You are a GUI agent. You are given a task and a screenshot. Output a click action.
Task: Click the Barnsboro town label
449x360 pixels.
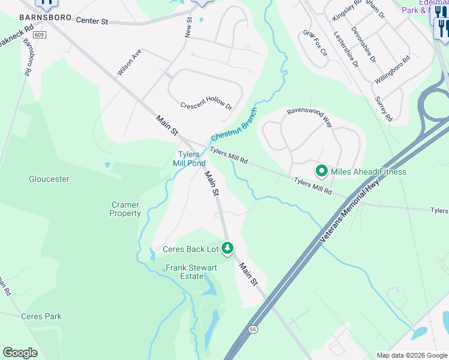point(46,18)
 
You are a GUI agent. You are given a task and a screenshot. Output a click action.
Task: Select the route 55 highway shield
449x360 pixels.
point(252,329)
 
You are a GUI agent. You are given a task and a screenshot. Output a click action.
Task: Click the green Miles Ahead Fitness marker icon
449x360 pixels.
point(321,172)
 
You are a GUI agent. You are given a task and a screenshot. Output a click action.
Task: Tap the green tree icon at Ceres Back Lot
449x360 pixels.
point(228,248)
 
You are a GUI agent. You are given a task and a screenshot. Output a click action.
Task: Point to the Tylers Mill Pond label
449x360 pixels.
point(189,159)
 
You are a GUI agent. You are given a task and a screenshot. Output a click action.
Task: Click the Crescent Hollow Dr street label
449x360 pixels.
point(206,104)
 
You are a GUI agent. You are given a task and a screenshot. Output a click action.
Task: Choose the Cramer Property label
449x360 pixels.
point(125,209)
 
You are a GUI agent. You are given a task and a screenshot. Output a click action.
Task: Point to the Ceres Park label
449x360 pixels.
point(41,316)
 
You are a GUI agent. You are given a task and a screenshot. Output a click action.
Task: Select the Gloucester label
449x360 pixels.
point(49,179)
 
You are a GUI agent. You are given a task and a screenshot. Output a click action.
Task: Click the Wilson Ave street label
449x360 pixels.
point(128,62)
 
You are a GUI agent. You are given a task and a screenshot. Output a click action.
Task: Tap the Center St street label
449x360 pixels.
point(92,21)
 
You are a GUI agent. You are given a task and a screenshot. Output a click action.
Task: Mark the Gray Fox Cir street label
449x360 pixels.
point(315,43)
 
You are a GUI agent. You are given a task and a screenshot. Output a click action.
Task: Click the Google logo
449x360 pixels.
point(20,353)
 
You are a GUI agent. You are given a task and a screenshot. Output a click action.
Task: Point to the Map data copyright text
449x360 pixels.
point(411,355)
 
